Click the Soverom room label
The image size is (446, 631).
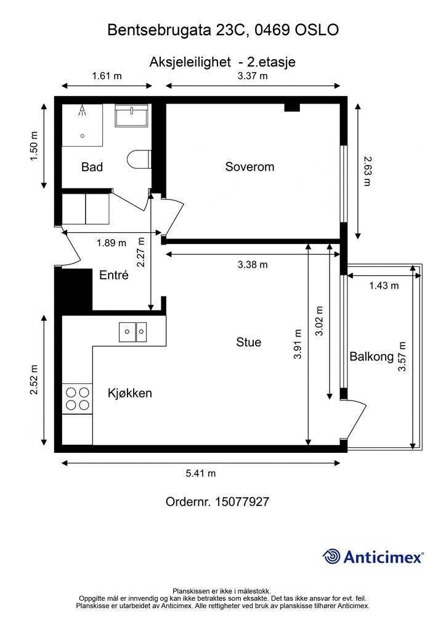(249, 166)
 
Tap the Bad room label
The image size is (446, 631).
(92, 166)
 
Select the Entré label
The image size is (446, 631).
(114, 275)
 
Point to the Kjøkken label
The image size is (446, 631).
(129, 393)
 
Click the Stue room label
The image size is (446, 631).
(248, 342)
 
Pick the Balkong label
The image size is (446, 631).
(371, 357)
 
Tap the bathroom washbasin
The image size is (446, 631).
(132, 115)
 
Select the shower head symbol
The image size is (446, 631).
(83, 110)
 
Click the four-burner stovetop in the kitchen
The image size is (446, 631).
(78, 399)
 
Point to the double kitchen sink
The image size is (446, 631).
(132, 332)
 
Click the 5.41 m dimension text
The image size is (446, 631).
(201, 473)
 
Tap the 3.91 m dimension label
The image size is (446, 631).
(297, 344)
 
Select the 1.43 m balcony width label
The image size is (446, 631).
(384, 286)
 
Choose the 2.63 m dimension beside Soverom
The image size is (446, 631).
(367, 171)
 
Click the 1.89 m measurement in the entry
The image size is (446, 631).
(111, 243)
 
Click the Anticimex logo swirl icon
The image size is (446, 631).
(331, 556)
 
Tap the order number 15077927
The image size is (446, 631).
(242, 502)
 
